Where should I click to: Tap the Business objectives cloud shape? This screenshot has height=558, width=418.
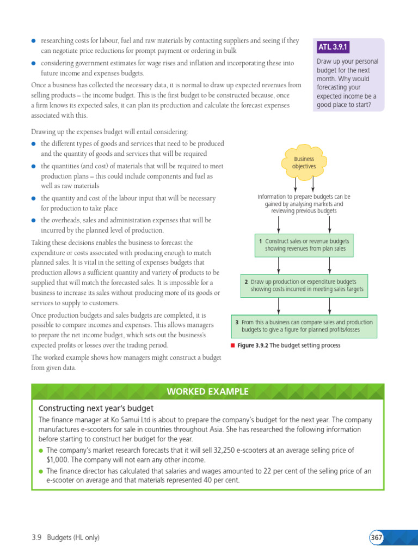[304, 162]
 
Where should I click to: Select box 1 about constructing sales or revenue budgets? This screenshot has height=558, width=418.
[304, 245]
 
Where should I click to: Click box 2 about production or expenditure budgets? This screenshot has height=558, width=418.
[304, 286]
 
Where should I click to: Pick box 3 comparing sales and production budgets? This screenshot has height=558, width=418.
[304, 326]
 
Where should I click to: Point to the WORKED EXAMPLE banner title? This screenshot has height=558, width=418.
[207, 391]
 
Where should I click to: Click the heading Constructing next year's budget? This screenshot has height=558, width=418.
[96, 408]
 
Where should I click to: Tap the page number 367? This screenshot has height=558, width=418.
[376, 537]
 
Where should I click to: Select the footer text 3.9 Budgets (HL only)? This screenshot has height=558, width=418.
[65, 537]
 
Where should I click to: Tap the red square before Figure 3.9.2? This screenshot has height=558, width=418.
[232, 345]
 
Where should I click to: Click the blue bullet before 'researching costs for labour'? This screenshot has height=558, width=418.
[34, 41]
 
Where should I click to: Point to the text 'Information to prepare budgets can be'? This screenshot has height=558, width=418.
[304, 197]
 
